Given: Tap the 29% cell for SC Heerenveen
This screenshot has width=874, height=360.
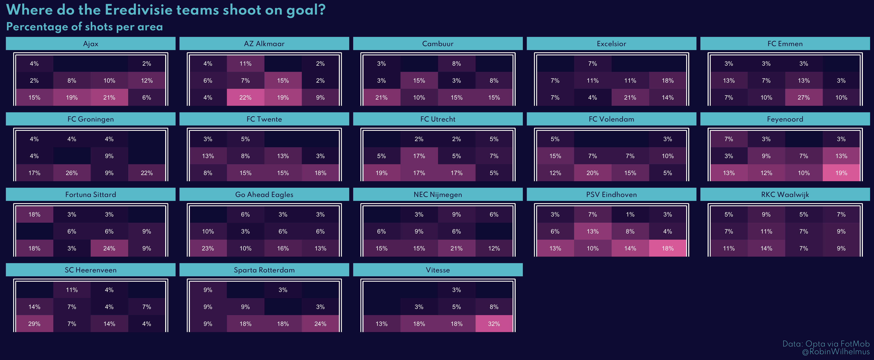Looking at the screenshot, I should (34, 324).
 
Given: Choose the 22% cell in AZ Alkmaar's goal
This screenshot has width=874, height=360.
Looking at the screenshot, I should (245, 97).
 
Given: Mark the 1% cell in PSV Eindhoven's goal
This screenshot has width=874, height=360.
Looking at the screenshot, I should (630, 214).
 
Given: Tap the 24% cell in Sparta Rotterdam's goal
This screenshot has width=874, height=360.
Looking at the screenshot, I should (320, 324).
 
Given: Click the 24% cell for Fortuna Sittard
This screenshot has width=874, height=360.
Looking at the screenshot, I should (109, 248).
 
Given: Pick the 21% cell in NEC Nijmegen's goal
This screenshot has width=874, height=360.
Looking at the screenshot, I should (456, 248).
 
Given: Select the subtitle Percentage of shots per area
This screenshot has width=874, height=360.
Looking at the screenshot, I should (84, 27).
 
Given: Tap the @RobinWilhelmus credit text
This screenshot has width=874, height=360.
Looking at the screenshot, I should (836, 352).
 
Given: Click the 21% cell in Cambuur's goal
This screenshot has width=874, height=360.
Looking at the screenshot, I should (381, 97).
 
